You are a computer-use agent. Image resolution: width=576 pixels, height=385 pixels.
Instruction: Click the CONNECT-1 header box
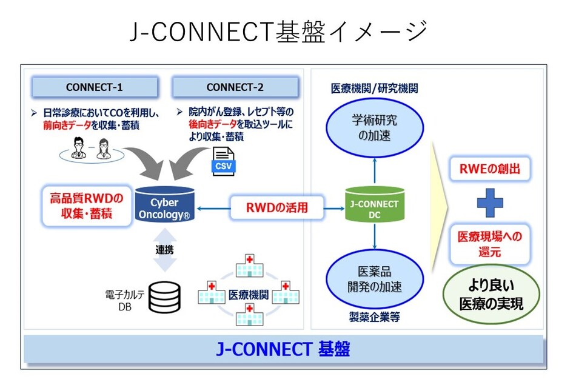95,87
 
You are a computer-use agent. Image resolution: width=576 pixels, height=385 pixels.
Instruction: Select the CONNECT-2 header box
235,87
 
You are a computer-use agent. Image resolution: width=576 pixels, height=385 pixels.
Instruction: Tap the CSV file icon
223,161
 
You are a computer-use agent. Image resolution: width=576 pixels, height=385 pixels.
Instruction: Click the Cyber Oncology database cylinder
164,204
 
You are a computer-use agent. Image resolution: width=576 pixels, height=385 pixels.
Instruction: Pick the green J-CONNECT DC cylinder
375,204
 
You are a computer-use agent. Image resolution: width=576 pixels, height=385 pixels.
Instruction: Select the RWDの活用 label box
277,208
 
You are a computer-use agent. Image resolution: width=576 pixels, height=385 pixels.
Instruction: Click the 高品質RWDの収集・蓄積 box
87,206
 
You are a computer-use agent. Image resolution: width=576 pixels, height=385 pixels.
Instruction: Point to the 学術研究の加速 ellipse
375,127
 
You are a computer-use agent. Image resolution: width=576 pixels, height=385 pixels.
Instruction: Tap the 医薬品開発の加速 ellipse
375,279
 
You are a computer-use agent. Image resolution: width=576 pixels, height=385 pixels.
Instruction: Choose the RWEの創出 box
490,169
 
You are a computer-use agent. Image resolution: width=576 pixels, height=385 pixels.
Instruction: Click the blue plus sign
490,203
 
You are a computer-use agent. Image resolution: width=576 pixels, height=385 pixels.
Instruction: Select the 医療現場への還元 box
490,244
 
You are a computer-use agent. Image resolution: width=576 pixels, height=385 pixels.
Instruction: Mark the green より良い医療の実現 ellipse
491,294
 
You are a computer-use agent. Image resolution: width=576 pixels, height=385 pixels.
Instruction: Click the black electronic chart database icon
164,297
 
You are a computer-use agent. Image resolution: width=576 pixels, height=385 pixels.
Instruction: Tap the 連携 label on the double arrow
164,250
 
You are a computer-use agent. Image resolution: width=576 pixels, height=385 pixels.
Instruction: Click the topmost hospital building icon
249,265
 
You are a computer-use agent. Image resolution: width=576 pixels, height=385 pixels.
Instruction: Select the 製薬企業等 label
375,317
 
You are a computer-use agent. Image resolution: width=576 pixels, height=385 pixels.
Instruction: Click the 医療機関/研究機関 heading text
375,89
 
